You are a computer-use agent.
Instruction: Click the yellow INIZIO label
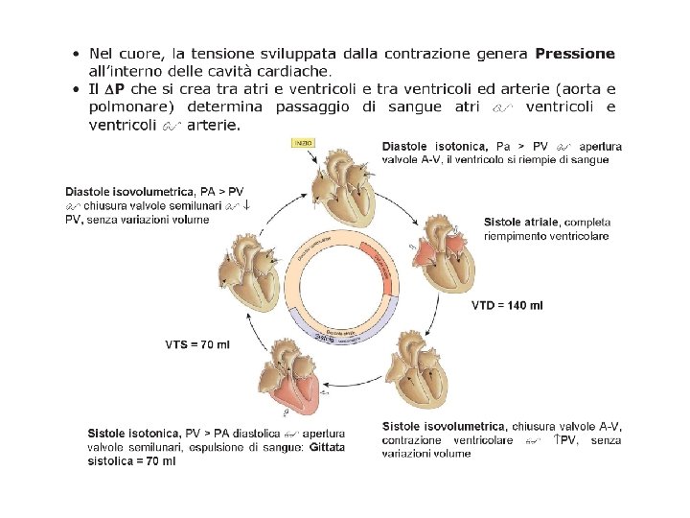point(303,143)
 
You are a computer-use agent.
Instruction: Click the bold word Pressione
point(575,54)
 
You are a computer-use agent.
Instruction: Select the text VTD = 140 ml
point(507,306)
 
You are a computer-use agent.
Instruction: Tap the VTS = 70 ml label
point(198,343)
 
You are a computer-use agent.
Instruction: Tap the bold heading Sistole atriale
point(521,223)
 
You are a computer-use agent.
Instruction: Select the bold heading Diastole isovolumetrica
point(128,192)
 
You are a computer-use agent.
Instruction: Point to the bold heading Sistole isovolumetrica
point(444,426)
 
